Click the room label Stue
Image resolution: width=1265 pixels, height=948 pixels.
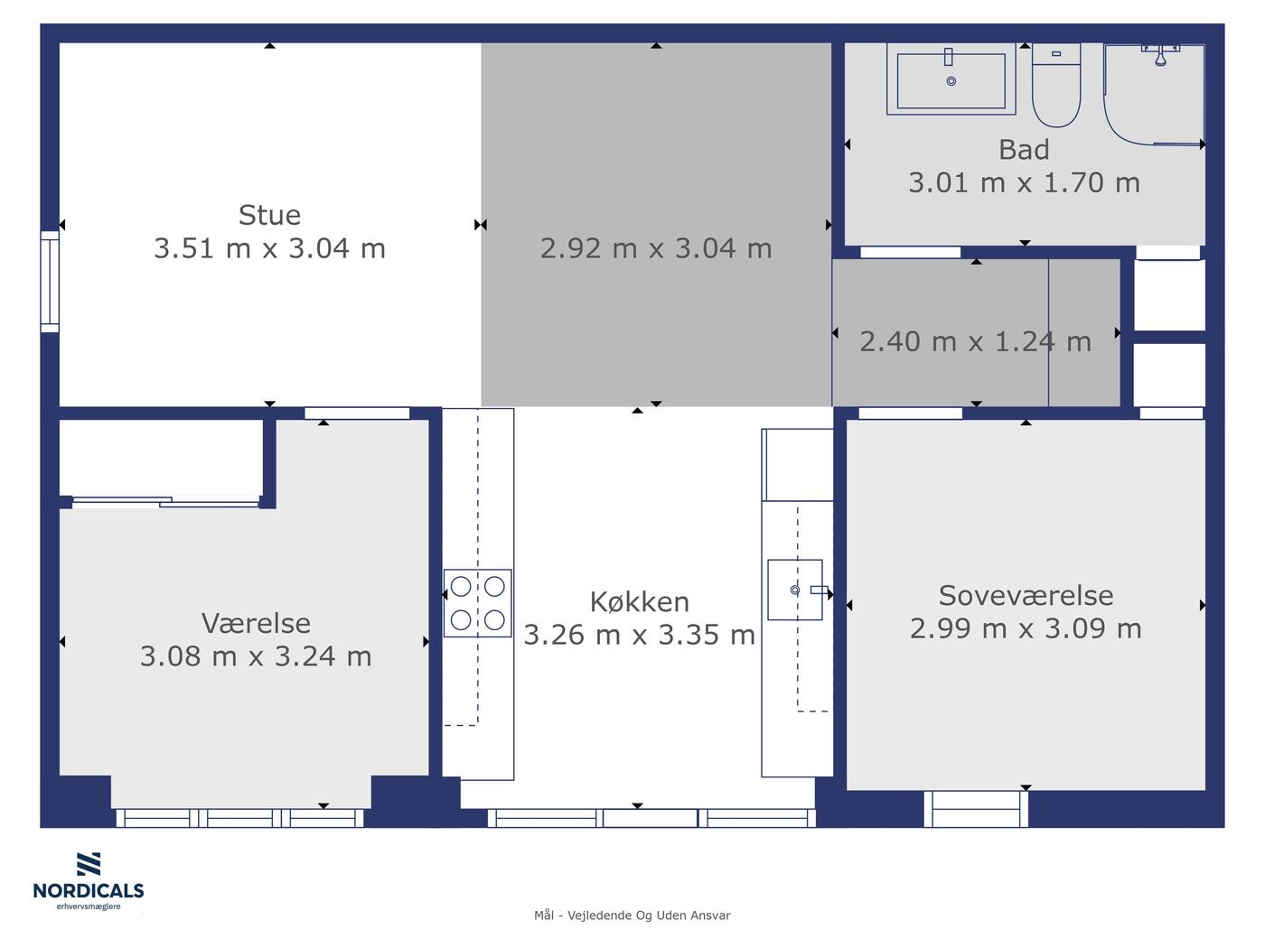pyautogui.click(x=269, y=215)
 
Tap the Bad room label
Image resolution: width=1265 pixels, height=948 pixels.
pyautogui.click(x=1024, y=150)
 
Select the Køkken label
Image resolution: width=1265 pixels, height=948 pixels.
pyautogui.click(x=639, y=602)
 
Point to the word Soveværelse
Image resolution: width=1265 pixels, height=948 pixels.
pyautogui.click(x=1026, y=596)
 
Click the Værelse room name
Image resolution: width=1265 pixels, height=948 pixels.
pyautogui.click(x=256, y=623)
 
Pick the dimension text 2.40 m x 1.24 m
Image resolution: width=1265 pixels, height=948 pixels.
pyautogui.click(x=975, y=342)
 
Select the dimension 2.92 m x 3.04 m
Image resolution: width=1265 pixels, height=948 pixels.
pyautogui.click(x=656, y=248)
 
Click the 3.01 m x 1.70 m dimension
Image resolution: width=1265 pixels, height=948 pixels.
pyautogui.click(x=1024, y=183)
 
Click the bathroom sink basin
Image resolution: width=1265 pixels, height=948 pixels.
pyautogui.click(x=951, y=79)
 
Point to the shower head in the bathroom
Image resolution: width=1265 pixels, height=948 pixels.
pyautogui.click(x=1161, y=57)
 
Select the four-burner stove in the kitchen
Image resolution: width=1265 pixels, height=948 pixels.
pyautogui.click(x=477, y=602)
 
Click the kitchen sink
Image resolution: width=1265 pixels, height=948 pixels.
pyautogui.click(x=795, y=590)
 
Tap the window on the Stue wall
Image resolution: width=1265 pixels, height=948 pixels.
pyautogui.click(x=50, y=282)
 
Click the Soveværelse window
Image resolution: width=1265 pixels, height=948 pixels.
pyautogui.click(x=976, y=809)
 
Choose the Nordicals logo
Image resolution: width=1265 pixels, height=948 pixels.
pyautogui.click(x=89, y=881)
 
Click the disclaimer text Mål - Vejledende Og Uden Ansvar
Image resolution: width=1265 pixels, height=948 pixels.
pyautogui.click(x=632, y=915)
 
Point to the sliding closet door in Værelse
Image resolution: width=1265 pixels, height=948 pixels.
pyautogui.click(x=166, y=502)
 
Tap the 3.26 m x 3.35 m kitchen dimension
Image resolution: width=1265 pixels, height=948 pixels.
pyautogui.click(x=639, y=635)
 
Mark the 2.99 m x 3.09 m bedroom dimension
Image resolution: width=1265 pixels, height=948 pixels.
pyautogui.click(x=1026, y=628)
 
